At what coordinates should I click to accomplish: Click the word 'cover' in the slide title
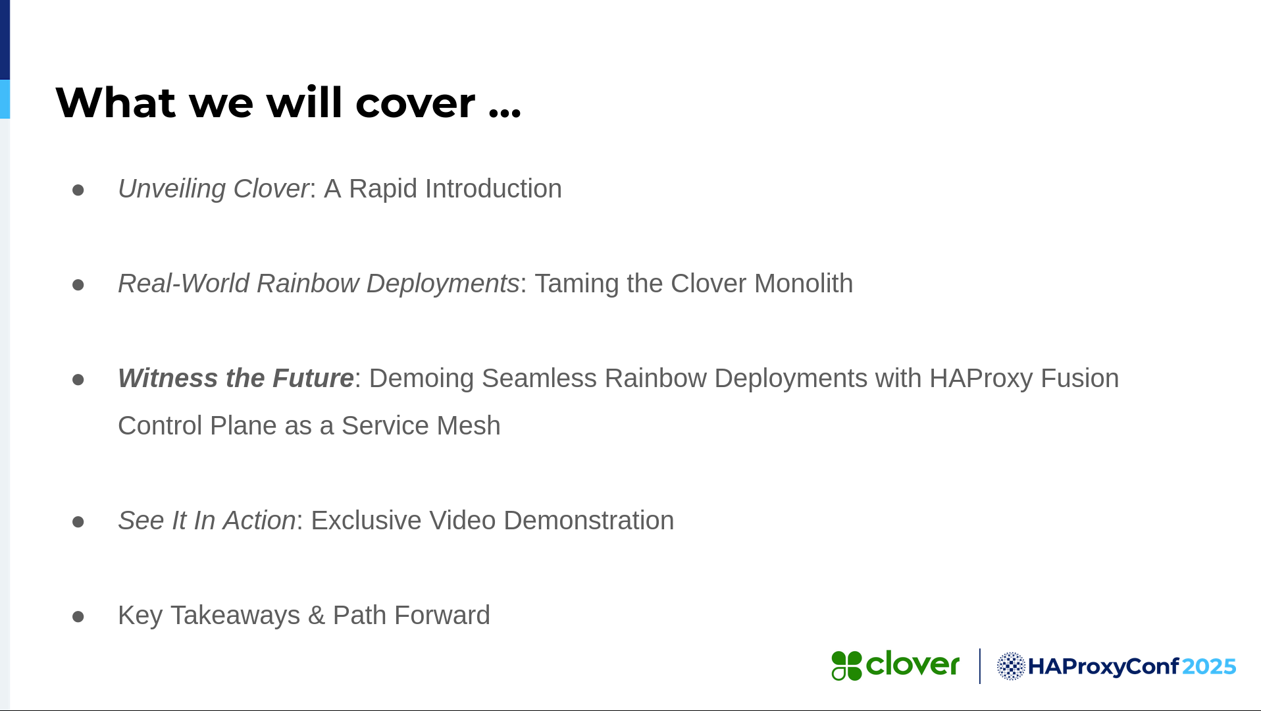(x=415, y=104)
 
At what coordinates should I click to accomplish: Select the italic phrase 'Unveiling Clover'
(x=213, y=189)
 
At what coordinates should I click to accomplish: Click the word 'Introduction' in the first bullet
(x=494, y=189)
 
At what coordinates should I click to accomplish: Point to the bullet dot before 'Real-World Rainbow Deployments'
(x=78, y=284)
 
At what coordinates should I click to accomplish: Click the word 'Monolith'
(x=803, y=284)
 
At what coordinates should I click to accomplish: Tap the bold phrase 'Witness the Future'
(x=236, y=379)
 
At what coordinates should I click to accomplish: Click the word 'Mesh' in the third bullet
(x=469, y=426)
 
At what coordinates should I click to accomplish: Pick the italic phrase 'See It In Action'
(x=207, y=521)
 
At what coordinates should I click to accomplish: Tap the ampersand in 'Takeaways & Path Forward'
(x=317, y=616)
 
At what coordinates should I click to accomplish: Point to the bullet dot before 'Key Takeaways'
(x=78, y=616)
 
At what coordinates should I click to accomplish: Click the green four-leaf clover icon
(x=846, y=666)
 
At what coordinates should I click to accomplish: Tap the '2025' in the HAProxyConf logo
(x=1209, y=667)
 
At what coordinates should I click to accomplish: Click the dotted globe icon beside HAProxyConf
(x=1011, y=666)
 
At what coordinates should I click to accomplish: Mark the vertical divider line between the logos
(x=979, y=666)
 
